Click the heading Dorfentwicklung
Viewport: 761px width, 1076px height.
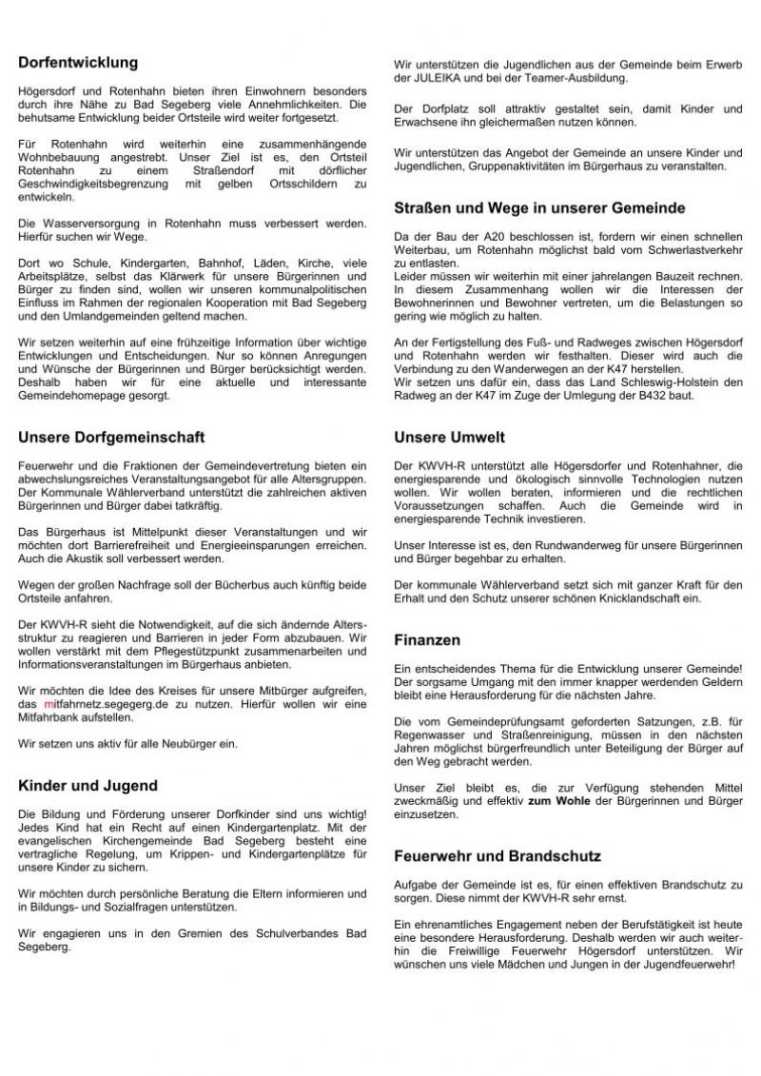tap(78, 63)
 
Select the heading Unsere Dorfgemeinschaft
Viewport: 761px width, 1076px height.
tap(111, 438)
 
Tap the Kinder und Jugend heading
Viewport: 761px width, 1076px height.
tap(88, 786)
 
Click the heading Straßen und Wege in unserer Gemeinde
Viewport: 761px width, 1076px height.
tap(539, 207)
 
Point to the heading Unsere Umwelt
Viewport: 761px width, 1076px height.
tap(450, 438)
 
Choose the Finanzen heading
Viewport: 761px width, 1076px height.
tap(427, 640)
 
